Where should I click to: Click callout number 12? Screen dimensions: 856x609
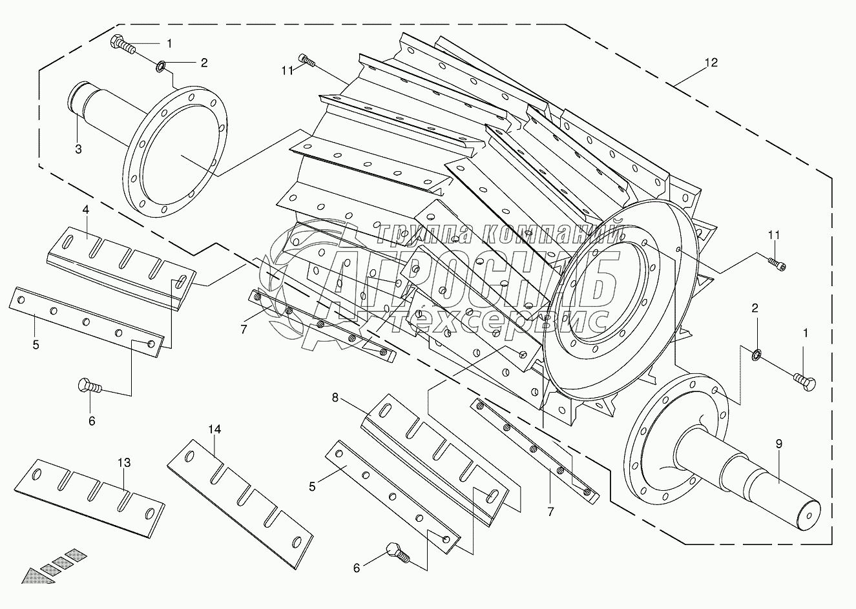click(711, 62)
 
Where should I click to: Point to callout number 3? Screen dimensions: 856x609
click(78, 149)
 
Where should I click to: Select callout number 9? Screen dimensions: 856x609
click(779, 444)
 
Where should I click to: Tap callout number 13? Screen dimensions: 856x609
click(124, 462)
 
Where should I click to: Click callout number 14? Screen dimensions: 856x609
click(214, 429)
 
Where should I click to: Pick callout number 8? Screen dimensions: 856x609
click(335, 398)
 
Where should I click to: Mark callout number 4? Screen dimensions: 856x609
click(85, 209)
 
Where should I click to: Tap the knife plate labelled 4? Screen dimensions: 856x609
click(121, 268)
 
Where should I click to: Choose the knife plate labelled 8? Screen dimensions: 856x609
click(435, 460)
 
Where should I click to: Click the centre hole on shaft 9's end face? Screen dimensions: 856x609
click(809, 516)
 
